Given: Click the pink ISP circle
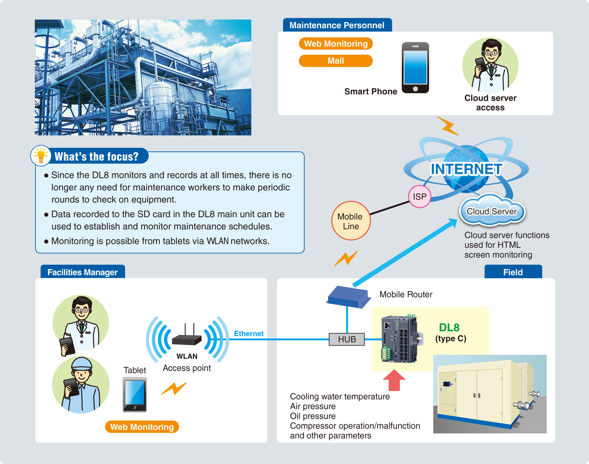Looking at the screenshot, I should (419, 196).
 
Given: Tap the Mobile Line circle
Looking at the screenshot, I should (351, 221).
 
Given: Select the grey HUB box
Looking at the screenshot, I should (347, 339).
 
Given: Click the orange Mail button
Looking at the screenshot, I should (336, 61).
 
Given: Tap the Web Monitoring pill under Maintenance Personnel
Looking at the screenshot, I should (336, 44).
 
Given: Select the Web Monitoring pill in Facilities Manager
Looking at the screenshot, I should (142, 427).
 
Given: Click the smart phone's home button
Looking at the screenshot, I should (415, 89).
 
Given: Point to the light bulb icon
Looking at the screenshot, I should (41, 155).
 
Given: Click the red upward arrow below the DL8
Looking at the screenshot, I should (394, 380).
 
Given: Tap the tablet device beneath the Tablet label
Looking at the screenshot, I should (135, 395).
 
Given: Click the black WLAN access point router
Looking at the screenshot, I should (187, 339).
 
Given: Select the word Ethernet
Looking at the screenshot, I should (248, 334).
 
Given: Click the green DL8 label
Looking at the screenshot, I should (449, 327).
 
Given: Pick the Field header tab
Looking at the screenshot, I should (513, 272).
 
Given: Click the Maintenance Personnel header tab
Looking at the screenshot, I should (337, 25).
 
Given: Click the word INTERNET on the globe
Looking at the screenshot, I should (466, 169).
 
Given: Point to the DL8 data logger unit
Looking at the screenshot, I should (399, 339).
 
